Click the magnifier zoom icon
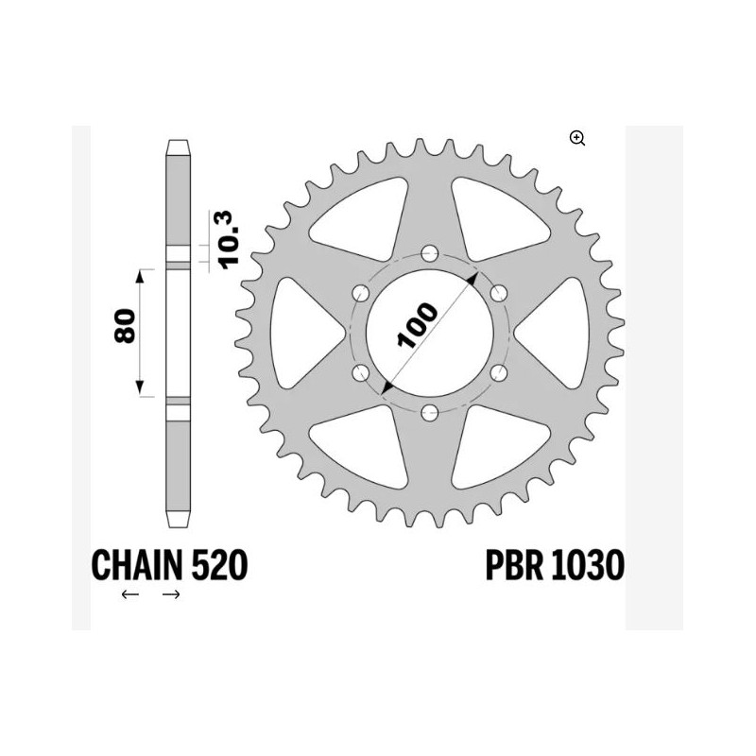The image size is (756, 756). point(577,139)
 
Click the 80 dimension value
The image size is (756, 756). point(131,331)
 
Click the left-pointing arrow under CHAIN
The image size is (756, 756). point(130,594)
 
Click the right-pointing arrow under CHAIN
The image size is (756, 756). point(171,594)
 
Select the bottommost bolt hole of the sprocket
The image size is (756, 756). point(430,411)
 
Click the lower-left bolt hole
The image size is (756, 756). point(361,371)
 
